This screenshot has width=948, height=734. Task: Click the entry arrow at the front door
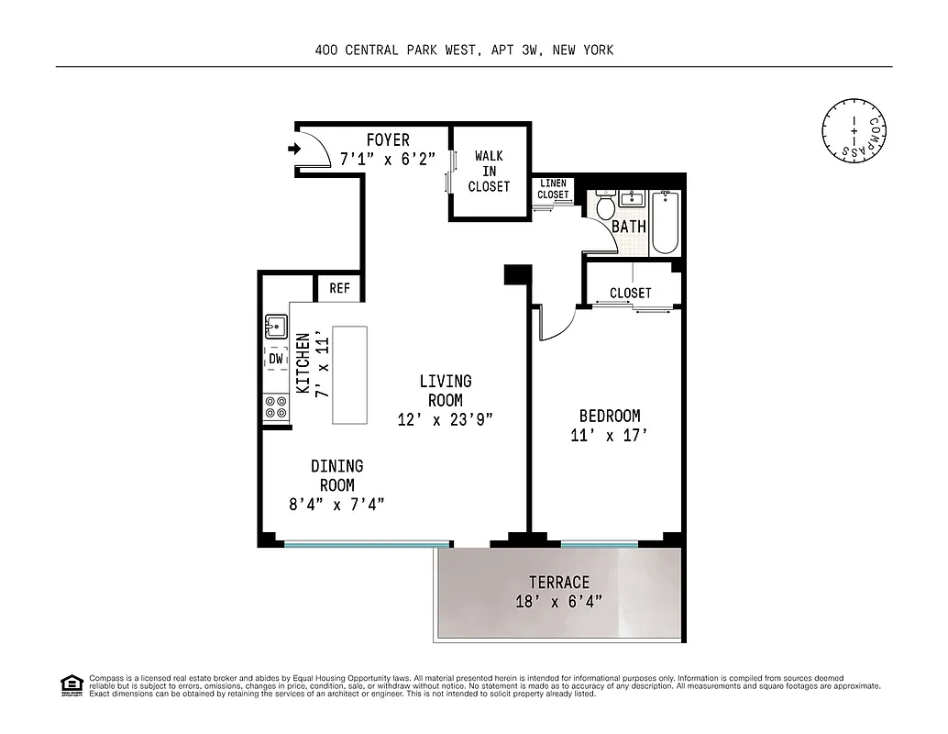[294, 149]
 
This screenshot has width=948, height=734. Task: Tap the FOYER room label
[388, 140]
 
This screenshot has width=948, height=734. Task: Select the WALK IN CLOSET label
[489, 172]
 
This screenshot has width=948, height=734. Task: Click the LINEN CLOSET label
[553, 189]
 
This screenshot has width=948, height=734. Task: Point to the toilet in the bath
[605, 206]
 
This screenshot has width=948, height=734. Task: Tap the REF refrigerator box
[339, 288]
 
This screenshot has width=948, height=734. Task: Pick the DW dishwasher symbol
[276, 359]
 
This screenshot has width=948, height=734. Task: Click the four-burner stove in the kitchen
[276, 406]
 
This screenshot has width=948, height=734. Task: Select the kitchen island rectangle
[349, 374]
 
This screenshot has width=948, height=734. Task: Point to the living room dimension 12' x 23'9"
[446, 420]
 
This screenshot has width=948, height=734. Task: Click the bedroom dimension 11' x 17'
[609, 436]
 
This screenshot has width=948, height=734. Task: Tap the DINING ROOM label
[336, 476]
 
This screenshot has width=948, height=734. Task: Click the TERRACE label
[558, 583]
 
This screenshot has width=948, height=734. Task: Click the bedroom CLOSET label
[631, 293]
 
